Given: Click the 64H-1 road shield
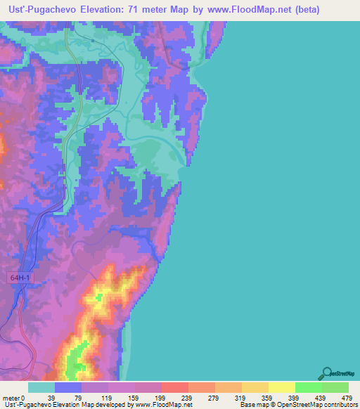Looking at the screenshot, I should click(x=21, y=278).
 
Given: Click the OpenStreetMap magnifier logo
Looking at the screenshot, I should click(x=327, y=372).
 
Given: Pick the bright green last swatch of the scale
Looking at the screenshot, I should click(x=335, y=387).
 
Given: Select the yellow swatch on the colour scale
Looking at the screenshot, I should click(x=282, y=387).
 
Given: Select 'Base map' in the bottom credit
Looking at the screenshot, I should click(x=254, y=405).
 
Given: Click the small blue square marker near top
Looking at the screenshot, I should click(x=93, y=41).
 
